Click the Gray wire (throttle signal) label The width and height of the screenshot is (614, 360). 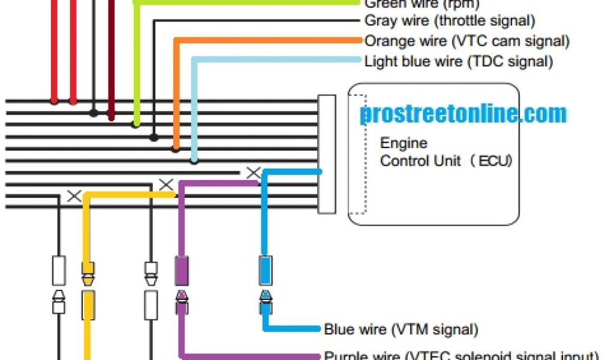pyautogui.click(x=449, y=21)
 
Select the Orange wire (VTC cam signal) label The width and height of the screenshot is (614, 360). pyautogui.click(x=466, y=41)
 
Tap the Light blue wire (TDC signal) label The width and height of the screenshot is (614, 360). pyautogui.click(x=458, y=61)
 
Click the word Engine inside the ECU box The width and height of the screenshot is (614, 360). pyautogui.click(x=404, y=143)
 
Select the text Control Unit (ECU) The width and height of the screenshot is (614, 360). pyautogui.click(x=446, y=161)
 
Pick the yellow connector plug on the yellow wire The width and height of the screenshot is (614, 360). pyautogui.click(x=88, y=304)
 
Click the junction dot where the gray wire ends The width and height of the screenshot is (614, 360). pyautogui.click(x=154, y=137)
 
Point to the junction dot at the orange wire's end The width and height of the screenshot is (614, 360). pyautogui.click(x=176, y=149)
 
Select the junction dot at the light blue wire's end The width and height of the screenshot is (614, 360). pyautogui.click(x=194, y=160)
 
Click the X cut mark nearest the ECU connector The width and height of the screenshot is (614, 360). pyautogui.click(x=254, y=173)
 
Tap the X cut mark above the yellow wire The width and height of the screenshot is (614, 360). pyautogui.click(x=74, y=196)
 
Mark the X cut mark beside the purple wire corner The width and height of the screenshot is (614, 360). pyautogui.click(x=165, y=184)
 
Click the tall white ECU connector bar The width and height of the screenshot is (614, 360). pyautogui.click(x=326, y=154)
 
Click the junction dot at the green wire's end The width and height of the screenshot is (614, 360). pyautogui.click(x=136, y=125)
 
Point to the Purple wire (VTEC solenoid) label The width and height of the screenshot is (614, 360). pyautogui.click(x=461, y=355)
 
